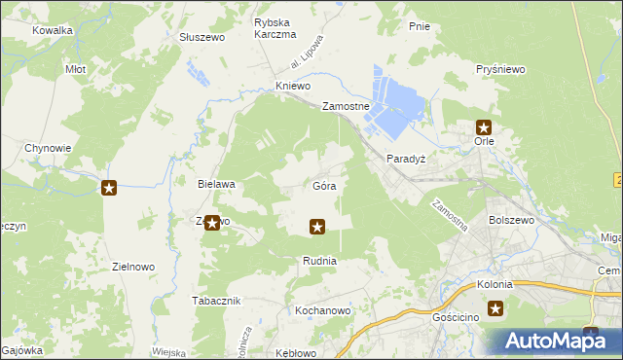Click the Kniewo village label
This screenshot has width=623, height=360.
click(x=293, y=87)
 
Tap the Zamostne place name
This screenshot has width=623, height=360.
click(x=346, y=107)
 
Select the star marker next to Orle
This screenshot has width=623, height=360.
click(x=484, y=126)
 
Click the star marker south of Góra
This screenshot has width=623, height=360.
click(x=316, y=227)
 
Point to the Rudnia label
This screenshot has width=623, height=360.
click(x=319, y=261)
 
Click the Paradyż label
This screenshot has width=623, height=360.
click(x=407, y=159)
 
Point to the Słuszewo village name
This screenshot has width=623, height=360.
click(x=202, y=37)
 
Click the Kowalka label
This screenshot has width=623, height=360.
click(x=53, y=30)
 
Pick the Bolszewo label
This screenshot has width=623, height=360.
click(x=513, y=221)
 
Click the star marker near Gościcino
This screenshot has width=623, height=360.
click(x=495, y=309)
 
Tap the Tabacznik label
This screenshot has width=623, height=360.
click(x=215, y=301)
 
